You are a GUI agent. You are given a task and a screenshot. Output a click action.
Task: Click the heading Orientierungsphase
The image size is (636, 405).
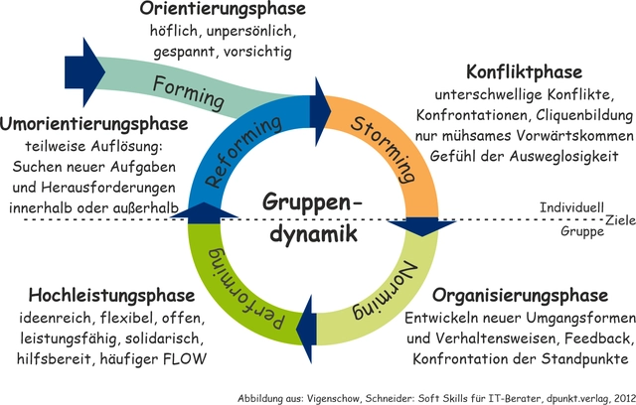pyautogui.click(x=223, y=9)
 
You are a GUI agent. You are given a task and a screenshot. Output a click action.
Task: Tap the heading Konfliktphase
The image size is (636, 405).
pyautogui.click(x=524, y=72)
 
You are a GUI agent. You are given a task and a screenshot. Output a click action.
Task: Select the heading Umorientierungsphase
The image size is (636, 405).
pyautogui.click(x=94, y=124)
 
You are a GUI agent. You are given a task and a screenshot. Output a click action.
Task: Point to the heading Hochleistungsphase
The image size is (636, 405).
pyautogui.click(x=111, y=295)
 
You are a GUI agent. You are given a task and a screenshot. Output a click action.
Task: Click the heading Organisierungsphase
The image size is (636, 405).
pyautogui.click(x=520, y=295)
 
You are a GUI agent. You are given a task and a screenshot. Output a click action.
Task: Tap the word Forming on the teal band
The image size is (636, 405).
pyautogui.click(x=189, y=93)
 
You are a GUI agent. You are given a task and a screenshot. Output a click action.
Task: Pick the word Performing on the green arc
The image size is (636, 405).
pyautogui.click(x=245, y=288)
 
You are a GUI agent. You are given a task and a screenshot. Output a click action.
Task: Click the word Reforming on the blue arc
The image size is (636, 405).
pyautogui.click(x=243, y=152)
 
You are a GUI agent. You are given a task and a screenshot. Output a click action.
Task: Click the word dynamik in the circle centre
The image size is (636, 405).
pyautogui.click(x=314, y=233)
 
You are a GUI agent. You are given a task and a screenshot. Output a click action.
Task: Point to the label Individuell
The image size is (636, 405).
pyautogui.click(x=571, y=207)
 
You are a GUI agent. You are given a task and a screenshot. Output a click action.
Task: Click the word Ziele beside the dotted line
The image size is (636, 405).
pyautogui.click(x=620, y=220)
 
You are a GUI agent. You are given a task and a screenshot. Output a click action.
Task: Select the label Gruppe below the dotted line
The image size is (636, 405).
pyautogui.click(x=582, y=231)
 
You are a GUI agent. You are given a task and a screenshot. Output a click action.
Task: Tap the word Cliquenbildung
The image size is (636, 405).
pyautogui.click(x=584, y=115)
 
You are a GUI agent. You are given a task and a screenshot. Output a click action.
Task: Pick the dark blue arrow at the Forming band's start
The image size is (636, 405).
pyautogui.click(x=85, y=72)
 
